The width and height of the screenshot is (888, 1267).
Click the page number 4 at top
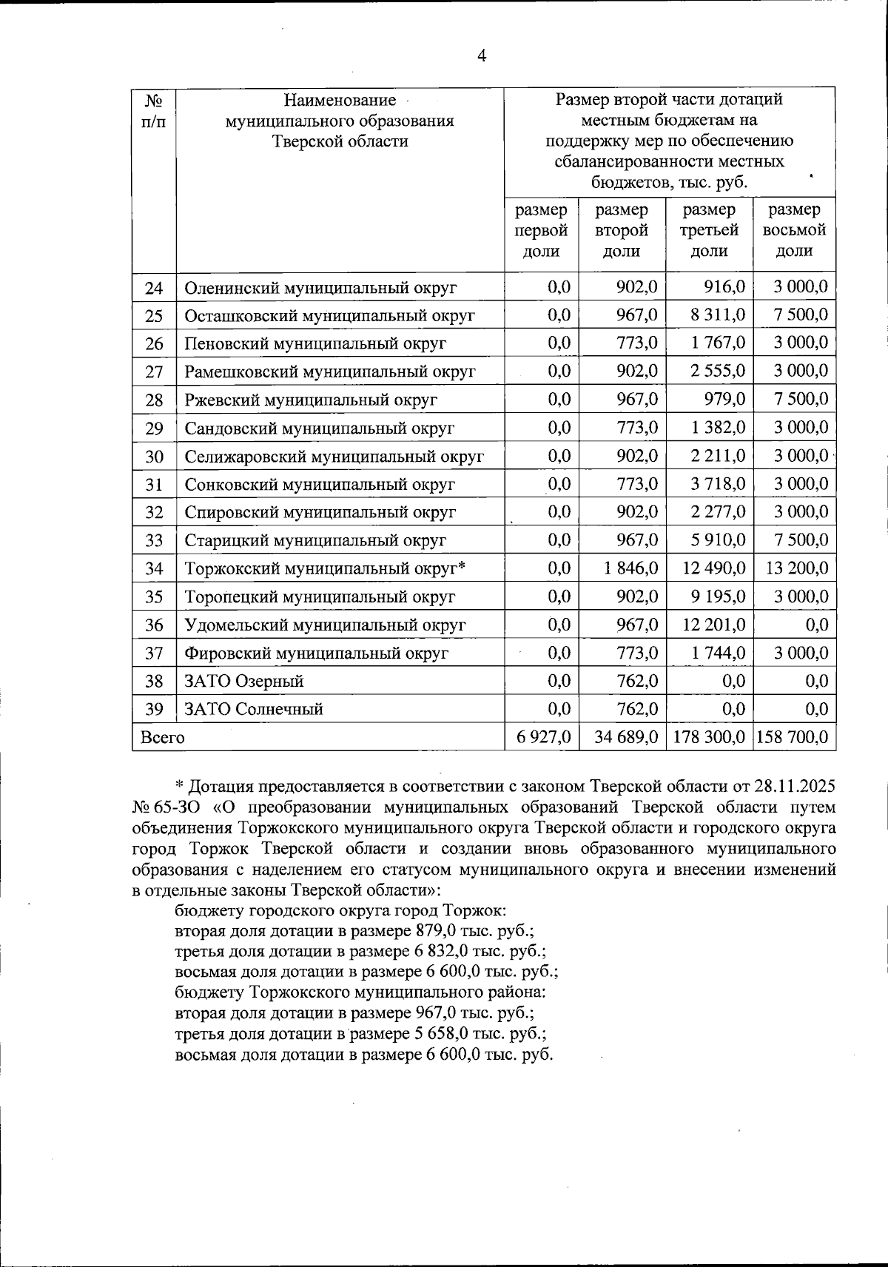click(x=482, y=56)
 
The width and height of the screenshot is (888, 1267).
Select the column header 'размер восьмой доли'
click(x=794, y=230)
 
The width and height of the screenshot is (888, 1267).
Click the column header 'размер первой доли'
click(x=541, y=230)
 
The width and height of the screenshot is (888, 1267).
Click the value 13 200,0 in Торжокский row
click(x=795, y=568)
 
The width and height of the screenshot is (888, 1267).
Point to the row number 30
click(x=154, y=457)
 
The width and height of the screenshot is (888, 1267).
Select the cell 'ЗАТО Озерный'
click(x=243, y=681)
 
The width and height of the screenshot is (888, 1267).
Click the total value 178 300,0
click(x=709, y=737)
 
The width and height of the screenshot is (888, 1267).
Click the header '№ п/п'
click(x=153, y=110)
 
